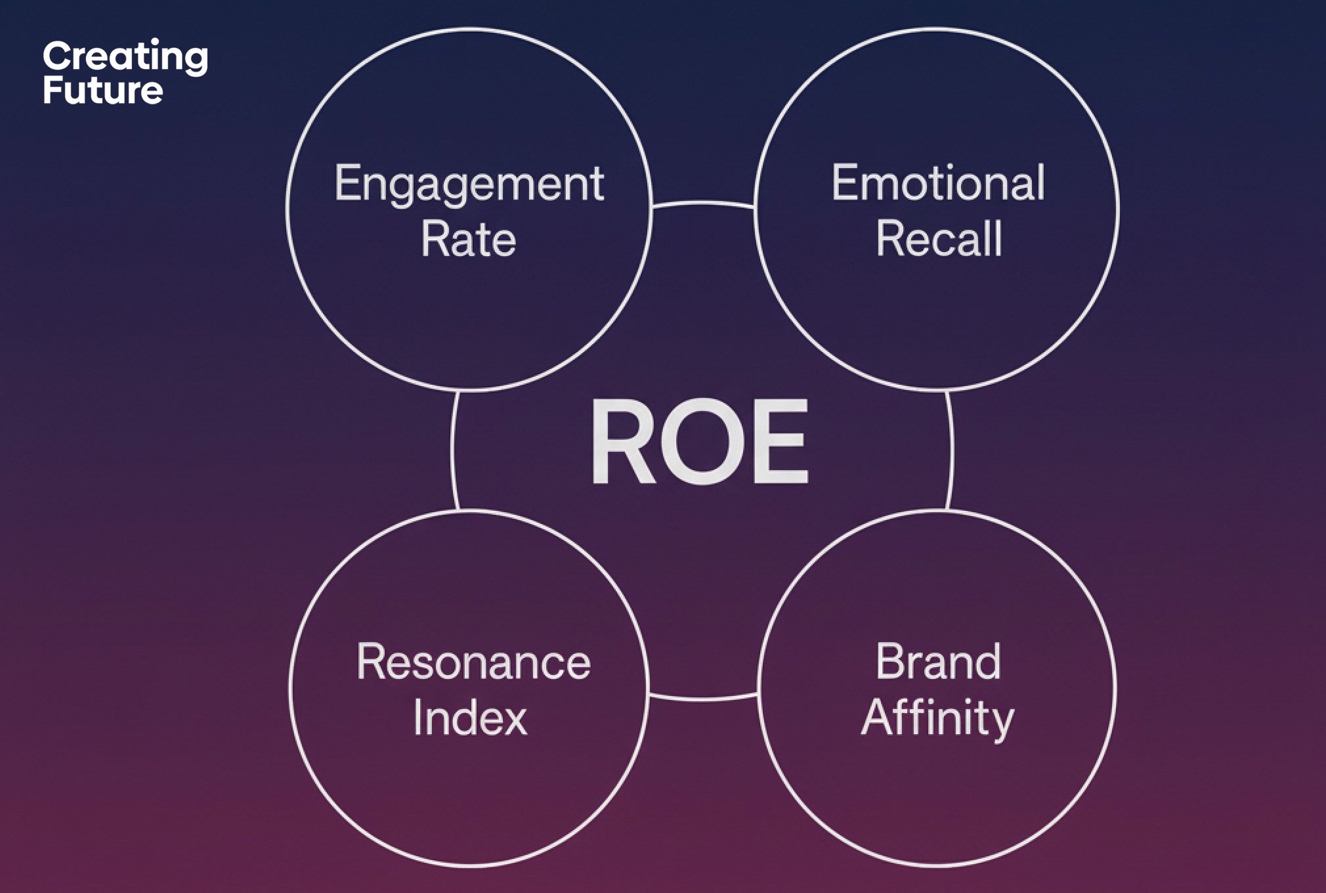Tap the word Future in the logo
pyautogui.click(x=103, y=91)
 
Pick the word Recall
pyautogui.click(x=939, y=239)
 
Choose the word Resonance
pyautogui.click(x=473, y=662)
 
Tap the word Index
pyautogui.click(x=470, y=718)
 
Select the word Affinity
pyautogui.click(x=937, y=718)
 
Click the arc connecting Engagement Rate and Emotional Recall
pyautogui.click(x=702, y=203)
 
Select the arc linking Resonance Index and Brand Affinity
pyautogui.click(x=702, y=699)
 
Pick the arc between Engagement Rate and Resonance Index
pyautogui.click(x=453, y=450)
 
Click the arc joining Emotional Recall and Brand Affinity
pyautogui.click(x=951, y=450)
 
